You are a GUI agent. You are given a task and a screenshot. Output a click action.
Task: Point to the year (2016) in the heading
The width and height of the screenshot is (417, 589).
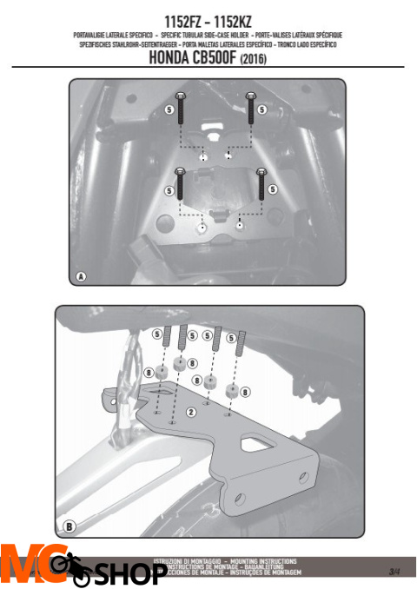click(256, 61)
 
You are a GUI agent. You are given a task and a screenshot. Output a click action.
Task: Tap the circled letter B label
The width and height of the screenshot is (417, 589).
click(69, 526)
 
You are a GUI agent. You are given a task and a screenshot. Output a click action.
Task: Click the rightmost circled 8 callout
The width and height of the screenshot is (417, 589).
click(245, 394)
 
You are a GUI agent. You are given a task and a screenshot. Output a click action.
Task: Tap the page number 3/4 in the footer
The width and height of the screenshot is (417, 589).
click(394, 570)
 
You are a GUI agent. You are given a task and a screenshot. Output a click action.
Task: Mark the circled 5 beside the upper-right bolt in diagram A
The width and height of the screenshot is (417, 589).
click(273, 109)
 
